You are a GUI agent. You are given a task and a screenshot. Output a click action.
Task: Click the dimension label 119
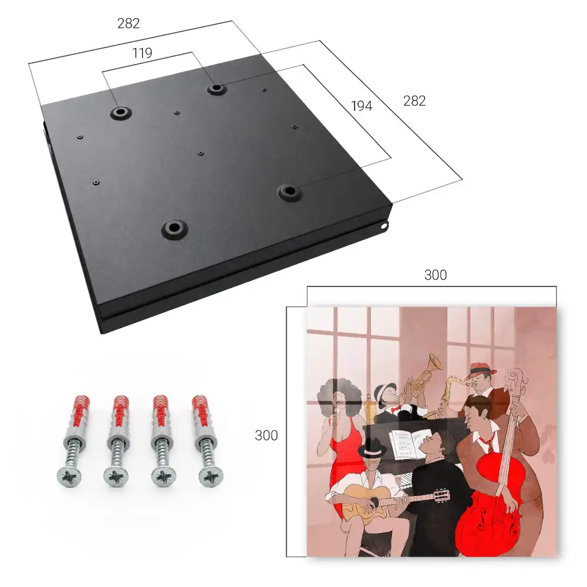point(142,53)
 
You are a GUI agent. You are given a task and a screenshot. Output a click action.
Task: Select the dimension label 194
point(362,106)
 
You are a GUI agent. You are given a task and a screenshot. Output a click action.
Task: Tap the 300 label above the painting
point(436,275)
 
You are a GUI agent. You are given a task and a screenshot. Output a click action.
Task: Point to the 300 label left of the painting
point(266,436)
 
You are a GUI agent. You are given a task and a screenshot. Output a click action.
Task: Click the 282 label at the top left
point(129,23)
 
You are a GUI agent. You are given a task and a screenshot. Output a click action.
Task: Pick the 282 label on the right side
point(414,101)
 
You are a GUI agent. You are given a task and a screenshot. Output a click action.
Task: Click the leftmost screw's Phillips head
point(69,477)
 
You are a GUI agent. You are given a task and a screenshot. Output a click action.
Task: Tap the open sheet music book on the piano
point(410,444)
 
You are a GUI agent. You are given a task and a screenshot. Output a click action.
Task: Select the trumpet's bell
point(435,362)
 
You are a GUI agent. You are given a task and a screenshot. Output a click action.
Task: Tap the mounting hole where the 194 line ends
point(289,191)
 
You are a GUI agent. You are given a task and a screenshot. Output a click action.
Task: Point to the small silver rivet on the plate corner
point(384,226)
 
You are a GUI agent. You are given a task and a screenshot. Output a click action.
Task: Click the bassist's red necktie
point(487,442)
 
